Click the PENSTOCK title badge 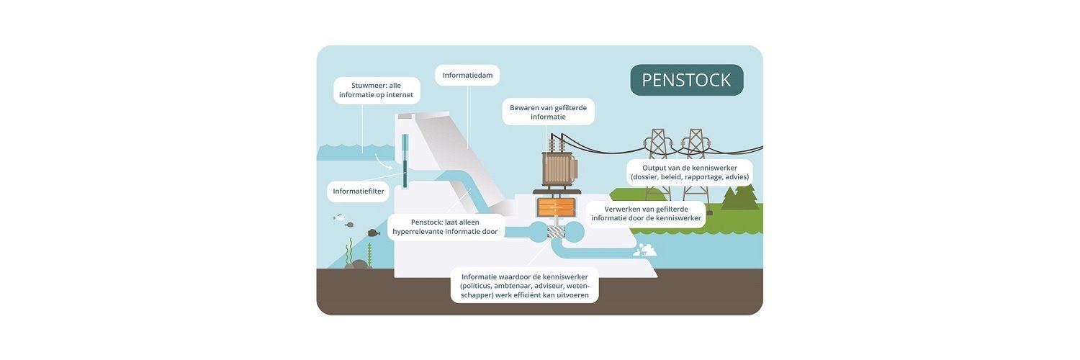click(x=687, y=80)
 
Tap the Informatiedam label click(x=467, y=75)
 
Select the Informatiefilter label click(x=359, y=192)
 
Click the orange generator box click(x=556, y=207)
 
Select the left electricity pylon click(x=657, y=164)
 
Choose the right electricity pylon click(x=696, y=164)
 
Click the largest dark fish click(x=373, y=233)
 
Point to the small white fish click(x=339, y=218)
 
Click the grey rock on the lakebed click(x=358, y=264)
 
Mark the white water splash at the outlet click(x=644, y=250)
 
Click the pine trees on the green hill click(x=739, y=197)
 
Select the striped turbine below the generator click(x=557, y=233)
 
